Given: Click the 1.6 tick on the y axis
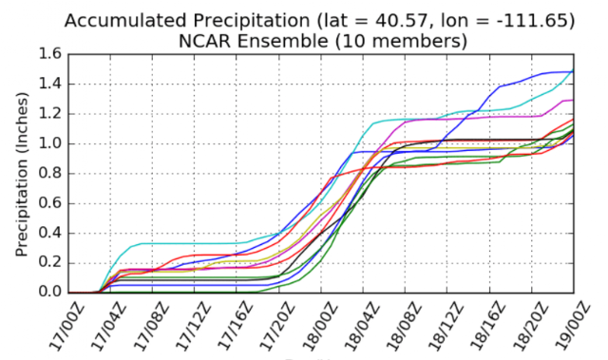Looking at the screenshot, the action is click(50, 54).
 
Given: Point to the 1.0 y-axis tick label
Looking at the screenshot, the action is click(50, 143).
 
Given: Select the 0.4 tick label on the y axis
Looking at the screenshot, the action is click(50, 233).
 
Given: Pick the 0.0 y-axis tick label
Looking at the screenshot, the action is click(50, 293).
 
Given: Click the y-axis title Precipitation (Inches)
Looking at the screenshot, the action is click(22, 174).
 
